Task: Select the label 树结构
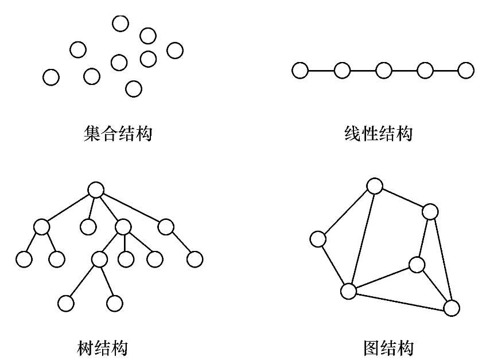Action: pos(102,347)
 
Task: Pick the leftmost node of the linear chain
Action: pos(300,71)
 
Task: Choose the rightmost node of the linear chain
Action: pos(466,71)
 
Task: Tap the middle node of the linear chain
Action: pos(383,71)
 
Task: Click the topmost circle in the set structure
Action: pos(120,23)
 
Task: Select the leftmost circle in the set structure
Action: pos(51,77)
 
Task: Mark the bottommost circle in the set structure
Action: pos(133,88)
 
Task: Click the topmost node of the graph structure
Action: pos(374,186)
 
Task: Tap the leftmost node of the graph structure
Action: pos(317,239)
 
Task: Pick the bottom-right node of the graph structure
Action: pos(452,308)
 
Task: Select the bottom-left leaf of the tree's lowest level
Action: pos(66,303)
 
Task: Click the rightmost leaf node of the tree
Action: pos(195,259)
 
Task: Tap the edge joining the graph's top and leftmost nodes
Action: pos(346,212)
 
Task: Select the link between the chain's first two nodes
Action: pos(321,71)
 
